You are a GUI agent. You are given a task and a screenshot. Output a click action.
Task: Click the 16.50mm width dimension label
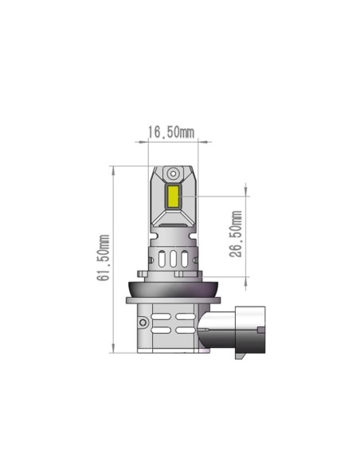pos(172,132)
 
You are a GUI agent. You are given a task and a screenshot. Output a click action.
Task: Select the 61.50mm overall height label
pos(103,258)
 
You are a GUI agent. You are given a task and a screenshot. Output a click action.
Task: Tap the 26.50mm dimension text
pos(235,233)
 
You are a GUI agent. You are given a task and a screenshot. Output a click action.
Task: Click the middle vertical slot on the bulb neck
pos(173,260)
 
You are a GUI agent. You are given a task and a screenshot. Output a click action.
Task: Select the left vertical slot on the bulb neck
pos(161,260)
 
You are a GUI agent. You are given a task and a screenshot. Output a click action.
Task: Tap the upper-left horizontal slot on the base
pos(162,316)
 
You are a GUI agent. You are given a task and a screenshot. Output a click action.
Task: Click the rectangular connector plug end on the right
pos(248,330)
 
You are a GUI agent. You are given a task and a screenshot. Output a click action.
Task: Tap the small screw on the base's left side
pos(141,323)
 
